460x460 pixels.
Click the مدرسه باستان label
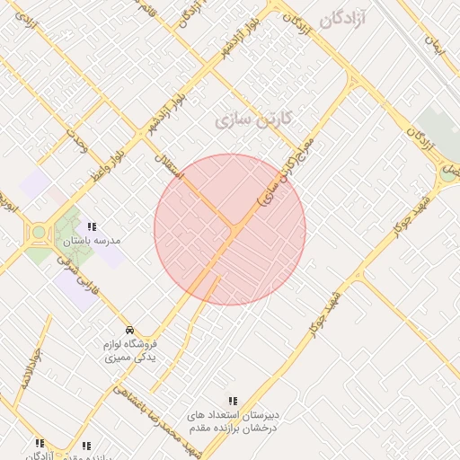click(x=93, y=241)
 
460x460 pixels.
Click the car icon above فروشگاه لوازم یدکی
click(x=131, y=330)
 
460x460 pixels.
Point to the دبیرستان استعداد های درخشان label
click(x=233, y=421)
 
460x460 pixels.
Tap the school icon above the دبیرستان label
click(x=233, y=401)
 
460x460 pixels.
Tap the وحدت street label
click(x=75, y=145)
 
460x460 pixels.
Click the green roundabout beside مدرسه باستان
click(x=39, y=234)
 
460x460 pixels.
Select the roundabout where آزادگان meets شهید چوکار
click(x=447, y=173)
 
